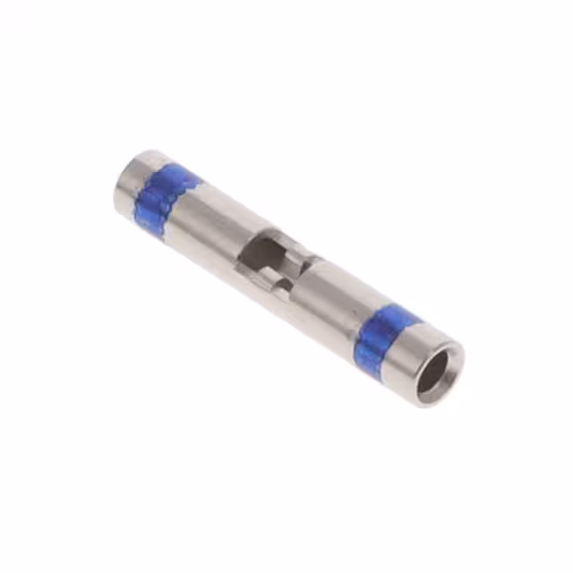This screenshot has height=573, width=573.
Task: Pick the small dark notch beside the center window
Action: click(x=282, y=286)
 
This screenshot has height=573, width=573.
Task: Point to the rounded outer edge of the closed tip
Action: click(x=118, y=184)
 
